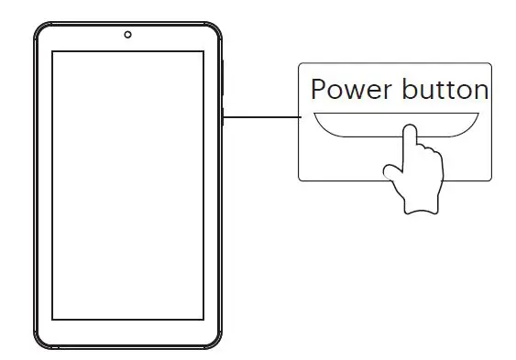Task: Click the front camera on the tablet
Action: point(127,35)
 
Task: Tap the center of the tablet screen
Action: point(127,184)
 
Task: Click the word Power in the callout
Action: point(351,90)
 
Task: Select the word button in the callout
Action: point(445,90)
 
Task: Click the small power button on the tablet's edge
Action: point(224,116)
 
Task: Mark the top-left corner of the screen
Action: point(53,52)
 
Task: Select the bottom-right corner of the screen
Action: point(203,318)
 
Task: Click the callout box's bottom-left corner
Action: point(302,180)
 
